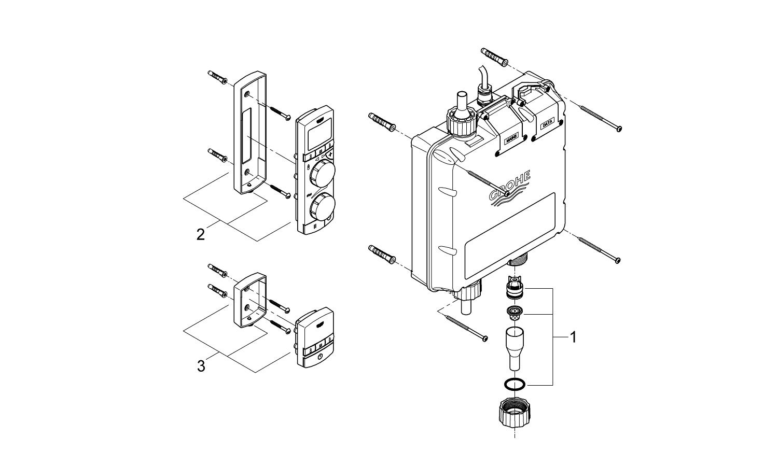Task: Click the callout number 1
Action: [573, 337]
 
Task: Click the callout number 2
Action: [201, 234]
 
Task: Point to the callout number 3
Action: [201, 366]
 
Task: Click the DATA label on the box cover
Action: [547, 124]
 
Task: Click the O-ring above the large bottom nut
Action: [514, 384]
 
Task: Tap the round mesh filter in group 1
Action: [514, 312]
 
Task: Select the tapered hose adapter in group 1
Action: [514, 347]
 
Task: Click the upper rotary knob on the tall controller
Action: [321, 174]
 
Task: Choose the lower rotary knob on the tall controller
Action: [321, 207]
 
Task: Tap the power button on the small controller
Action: [320, 357]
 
